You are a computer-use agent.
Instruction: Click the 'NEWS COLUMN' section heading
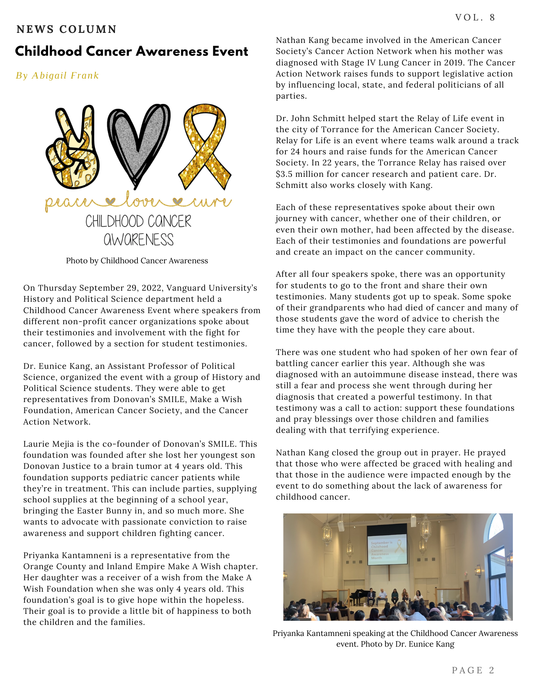pos(66,29)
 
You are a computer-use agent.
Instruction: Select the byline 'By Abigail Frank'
pos(57,75)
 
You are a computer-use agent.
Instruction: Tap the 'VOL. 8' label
pos(475,17)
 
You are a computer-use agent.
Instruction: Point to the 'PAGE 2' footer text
pos(473,670)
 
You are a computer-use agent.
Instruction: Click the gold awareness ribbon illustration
pos(205,145)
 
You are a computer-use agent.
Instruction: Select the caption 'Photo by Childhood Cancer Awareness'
pos(137,261)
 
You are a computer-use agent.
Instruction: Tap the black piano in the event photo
pos(357,595)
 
